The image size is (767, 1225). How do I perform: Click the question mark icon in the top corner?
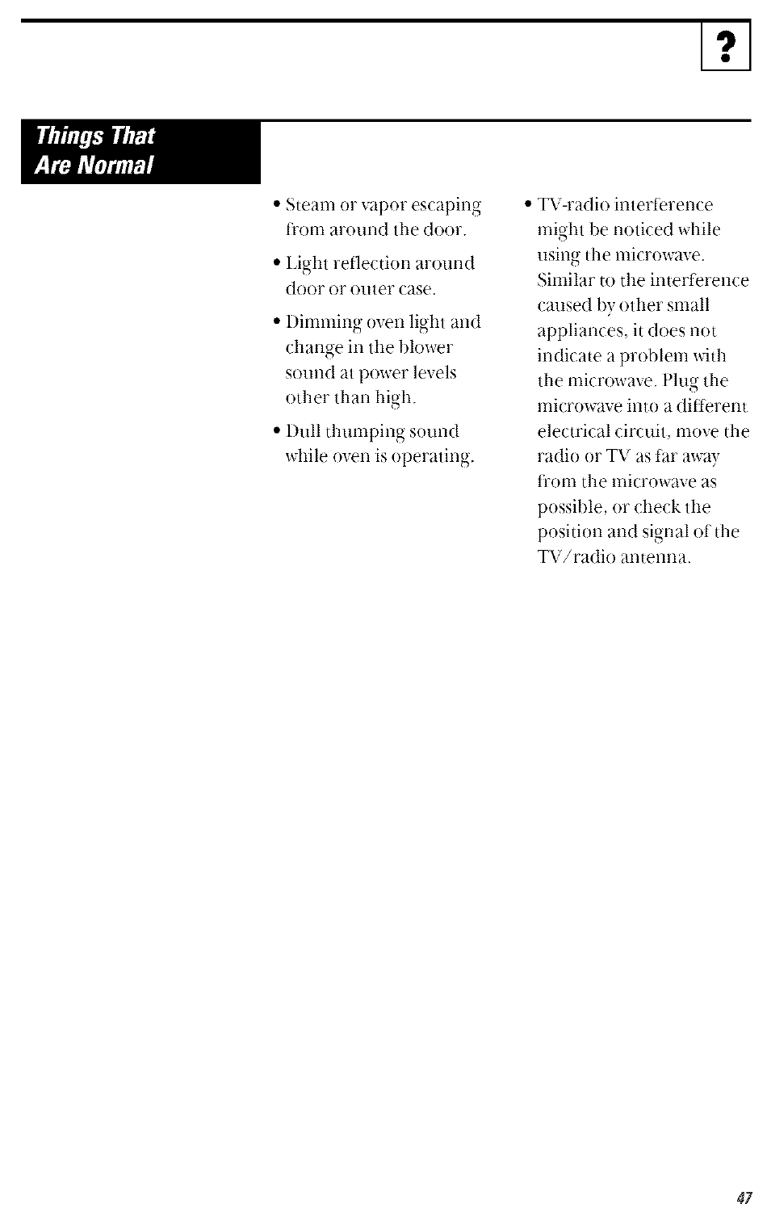pyautogui.click(x=726, y=48)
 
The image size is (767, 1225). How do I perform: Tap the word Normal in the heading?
pyautogui.click(x=120, y=166)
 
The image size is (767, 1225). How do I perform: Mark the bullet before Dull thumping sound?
pyautogui.click(x=277, y=430)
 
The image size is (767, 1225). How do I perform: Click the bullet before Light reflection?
pyautogui.click(x=277, y=262)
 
